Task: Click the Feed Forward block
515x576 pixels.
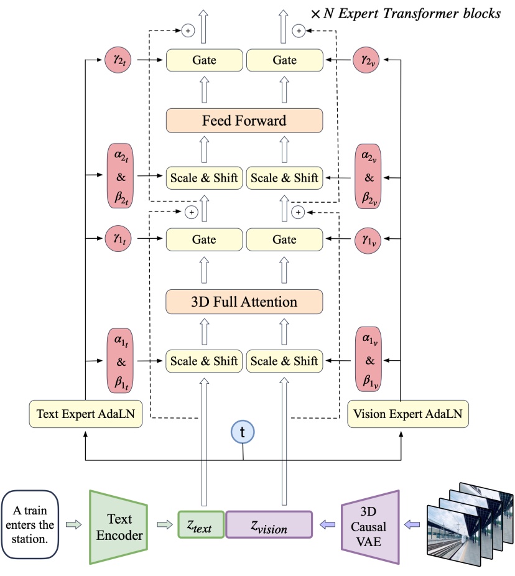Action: point(244,120)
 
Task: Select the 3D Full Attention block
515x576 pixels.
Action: point(244,302)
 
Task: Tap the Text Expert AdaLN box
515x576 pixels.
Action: point(86,414)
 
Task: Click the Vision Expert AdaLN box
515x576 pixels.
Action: point(407,414)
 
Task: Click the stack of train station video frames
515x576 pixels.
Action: point(469,516)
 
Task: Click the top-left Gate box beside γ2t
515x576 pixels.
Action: point(204,60)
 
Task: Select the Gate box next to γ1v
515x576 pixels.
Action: point(284,239)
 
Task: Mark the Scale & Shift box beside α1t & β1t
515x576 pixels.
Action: point(204,361)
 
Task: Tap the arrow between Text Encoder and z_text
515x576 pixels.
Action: point(163,526)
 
